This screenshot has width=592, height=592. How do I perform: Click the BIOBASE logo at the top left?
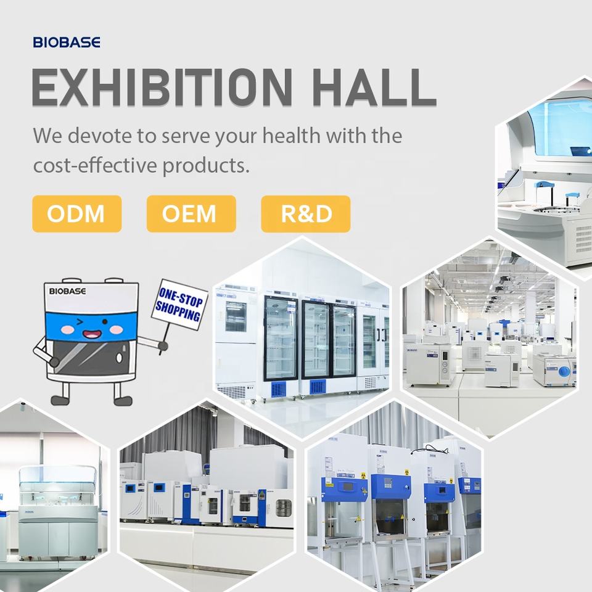(67, 42)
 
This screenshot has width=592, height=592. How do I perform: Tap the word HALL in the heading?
(374, 88)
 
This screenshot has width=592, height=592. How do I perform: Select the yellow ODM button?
(77, 214)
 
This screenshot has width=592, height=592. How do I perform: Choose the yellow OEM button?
(191, 214)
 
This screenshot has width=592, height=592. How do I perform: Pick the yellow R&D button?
(306, 214)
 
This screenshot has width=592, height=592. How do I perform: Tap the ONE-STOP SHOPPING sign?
(179, 304)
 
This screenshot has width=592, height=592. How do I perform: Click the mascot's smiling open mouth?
(92, 334)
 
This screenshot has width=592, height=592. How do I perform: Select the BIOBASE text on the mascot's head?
(68, 291)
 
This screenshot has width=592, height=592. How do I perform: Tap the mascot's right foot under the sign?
(123, 400)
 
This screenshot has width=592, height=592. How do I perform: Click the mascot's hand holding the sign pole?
(163, 345)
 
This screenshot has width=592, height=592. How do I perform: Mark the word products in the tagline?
(206, 165)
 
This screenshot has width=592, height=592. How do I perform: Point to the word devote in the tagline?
(100, 135)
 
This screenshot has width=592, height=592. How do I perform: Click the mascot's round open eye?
(105, 322)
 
